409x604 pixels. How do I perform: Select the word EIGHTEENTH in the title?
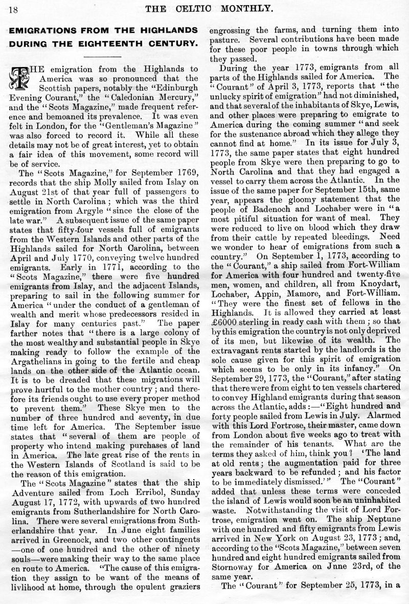pos(121,43)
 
